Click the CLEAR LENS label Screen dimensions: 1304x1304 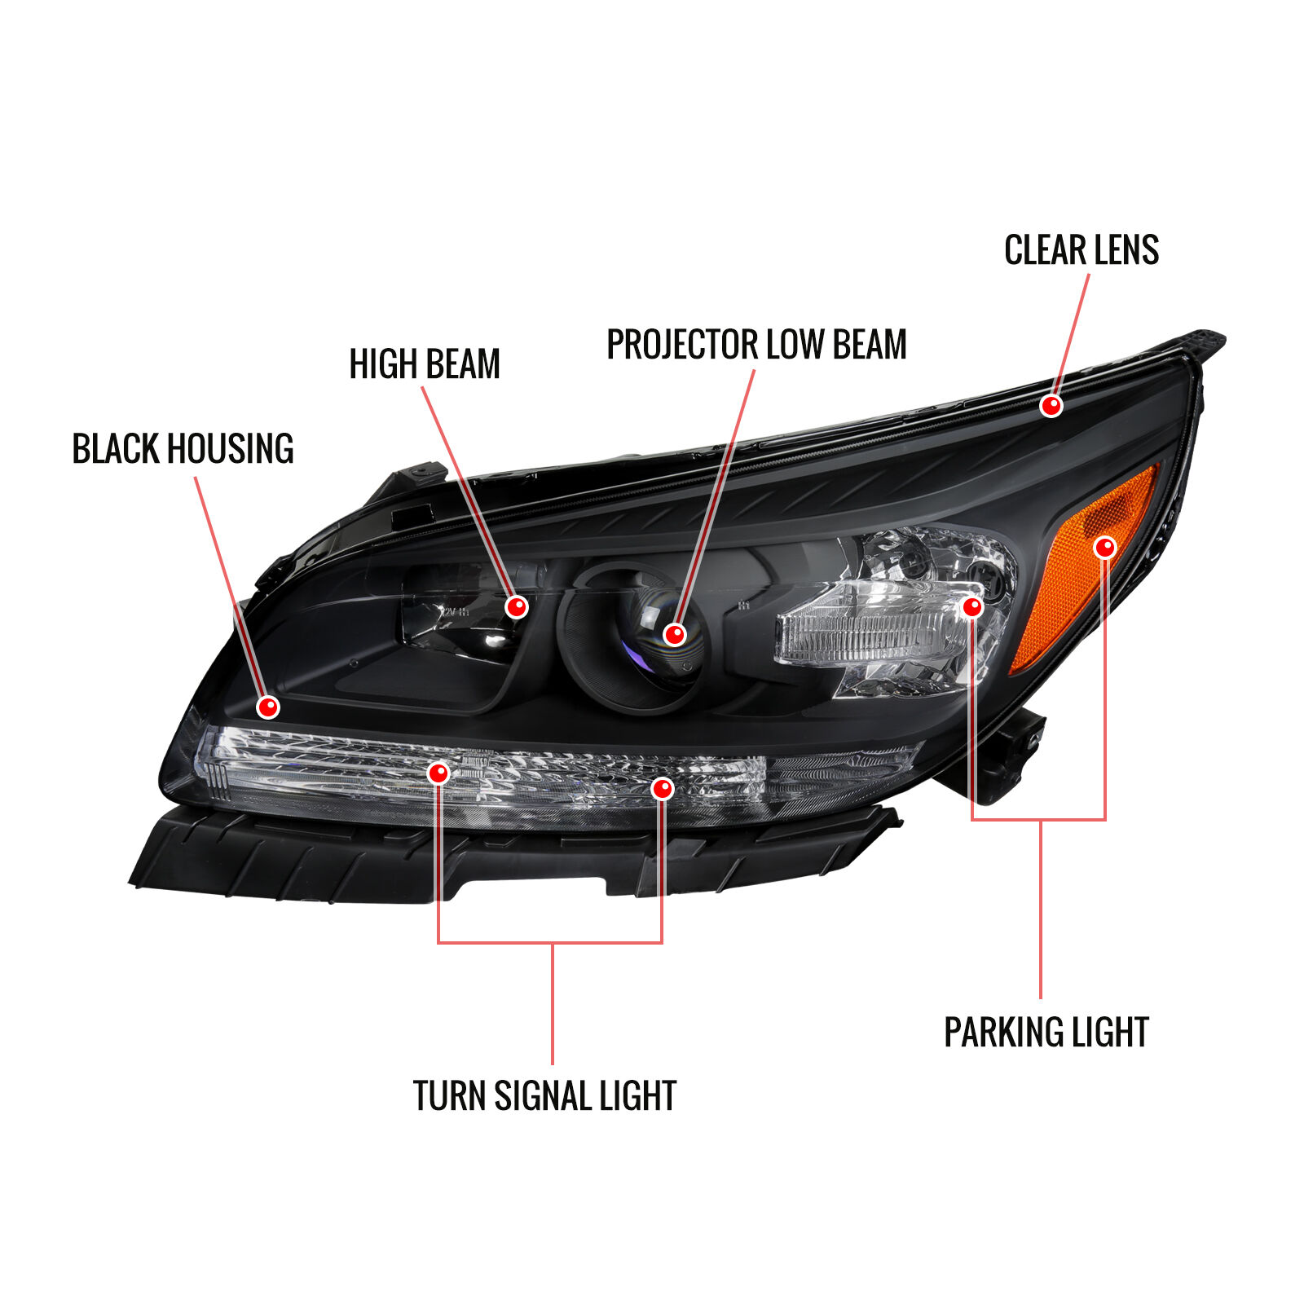click(x=1081, y=250)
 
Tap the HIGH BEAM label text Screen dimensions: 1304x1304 click(x=425, y=363)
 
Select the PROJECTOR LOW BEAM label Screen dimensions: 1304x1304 click(x=756, y=344)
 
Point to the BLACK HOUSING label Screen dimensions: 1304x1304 click(x=183, y=449)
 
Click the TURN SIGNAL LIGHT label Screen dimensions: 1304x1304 click(x=544, y=1095)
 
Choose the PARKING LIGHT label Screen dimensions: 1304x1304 click(x=1046, y=1033)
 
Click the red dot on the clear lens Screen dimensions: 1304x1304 click(x=1051, y=405)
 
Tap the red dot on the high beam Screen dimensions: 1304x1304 click(x=517, y=607)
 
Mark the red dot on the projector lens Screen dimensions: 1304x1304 click(x=675, y=634)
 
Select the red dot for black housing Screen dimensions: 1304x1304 click(x=268, y=707)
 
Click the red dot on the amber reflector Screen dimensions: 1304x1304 click(x=1104, y=547)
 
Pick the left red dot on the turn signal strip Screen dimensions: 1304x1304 click(x=438, y=773)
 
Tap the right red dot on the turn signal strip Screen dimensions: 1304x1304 click(x=663, y=788)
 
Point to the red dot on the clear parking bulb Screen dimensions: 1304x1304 click(x=972, y=607)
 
